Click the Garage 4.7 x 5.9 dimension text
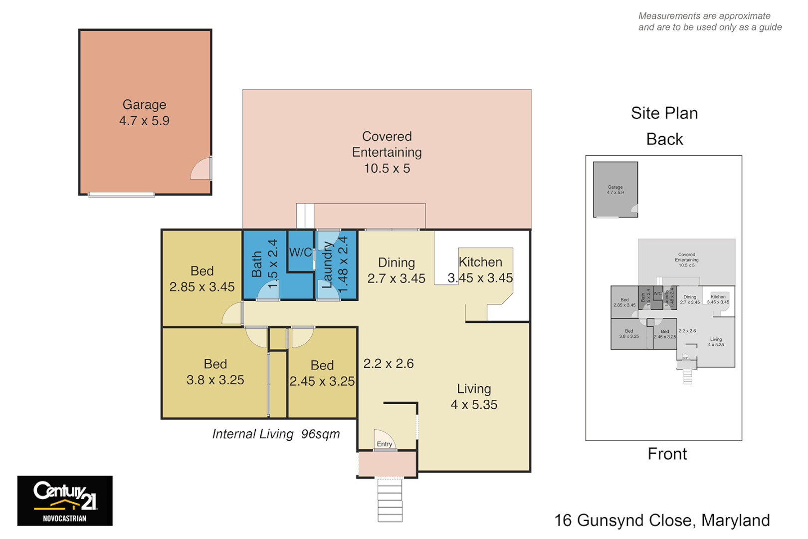pyautogui.click(x=144, y=121)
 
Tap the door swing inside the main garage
pyautogui.click(x=201, y=170)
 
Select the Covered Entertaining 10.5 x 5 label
pyautogui.click(x=387, y=152)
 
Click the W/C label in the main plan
pyautogui.click(x=300, y=253)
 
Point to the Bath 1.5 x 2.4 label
pyautogui.click(x=264, y=264)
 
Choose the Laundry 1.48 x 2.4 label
pyautogui.click(x=335, y=265)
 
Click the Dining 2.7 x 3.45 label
pyautogui.click(x=396, y=270)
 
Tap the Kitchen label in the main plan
pyautogui.click(x=480, y=262)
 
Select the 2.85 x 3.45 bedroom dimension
pyautogui.click(x=202, y=287)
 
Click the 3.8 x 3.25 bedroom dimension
pyautogui.click(x=215, y=380)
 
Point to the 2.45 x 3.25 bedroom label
pyautogui.click(x=322, y=373)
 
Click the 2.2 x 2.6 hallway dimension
pyautogui.click(x=388, y=363)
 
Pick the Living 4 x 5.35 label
pyautogui.click(x=474, y=397)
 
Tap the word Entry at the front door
pyautogui.click(x=384, y=444)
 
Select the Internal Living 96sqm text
pyautogui.click(x=276, y=434)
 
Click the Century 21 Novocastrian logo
pyautogui.click(x=65, y=501)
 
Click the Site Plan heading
pyautogui.click(x=664, y=113)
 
